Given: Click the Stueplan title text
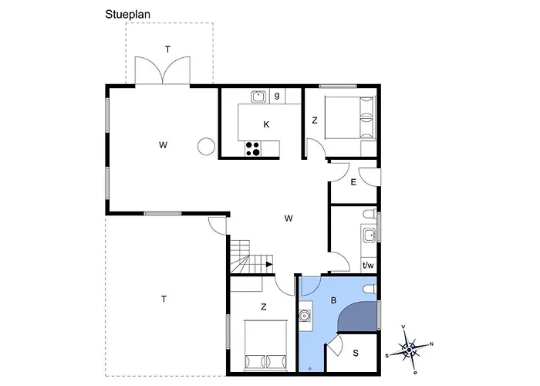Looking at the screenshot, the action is click(128, 15).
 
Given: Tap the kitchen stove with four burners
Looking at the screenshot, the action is click(253, 149).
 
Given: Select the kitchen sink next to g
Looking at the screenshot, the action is click(258, 96).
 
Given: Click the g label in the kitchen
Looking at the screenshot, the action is click(277, 96).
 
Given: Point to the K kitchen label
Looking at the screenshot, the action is click(266, 124).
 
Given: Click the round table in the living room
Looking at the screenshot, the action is click(206, 147).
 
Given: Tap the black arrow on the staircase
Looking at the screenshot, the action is click(269, 265).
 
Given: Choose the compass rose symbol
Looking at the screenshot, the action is click(409, 350).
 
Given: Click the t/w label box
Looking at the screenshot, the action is click(368, 266).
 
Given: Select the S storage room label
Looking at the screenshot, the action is click(356, 353).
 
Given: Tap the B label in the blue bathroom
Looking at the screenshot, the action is click(333, 300).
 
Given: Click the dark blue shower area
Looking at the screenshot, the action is click(357, 318).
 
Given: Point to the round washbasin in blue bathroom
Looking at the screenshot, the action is click(305, 315).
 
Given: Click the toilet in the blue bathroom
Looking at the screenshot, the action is click(370, 289).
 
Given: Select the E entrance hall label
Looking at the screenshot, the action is click(353, 182).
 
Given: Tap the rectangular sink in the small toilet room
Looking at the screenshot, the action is click(370, 235).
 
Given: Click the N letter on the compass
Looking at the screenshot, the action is click(431, 344).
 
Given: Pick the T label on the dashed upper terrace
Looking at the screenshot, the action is click(167, 49).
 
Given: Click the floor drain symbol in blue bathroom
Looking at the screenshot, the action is click(310, 368).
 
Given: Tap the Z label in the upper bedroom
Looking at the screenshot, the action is click(315, 120).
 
